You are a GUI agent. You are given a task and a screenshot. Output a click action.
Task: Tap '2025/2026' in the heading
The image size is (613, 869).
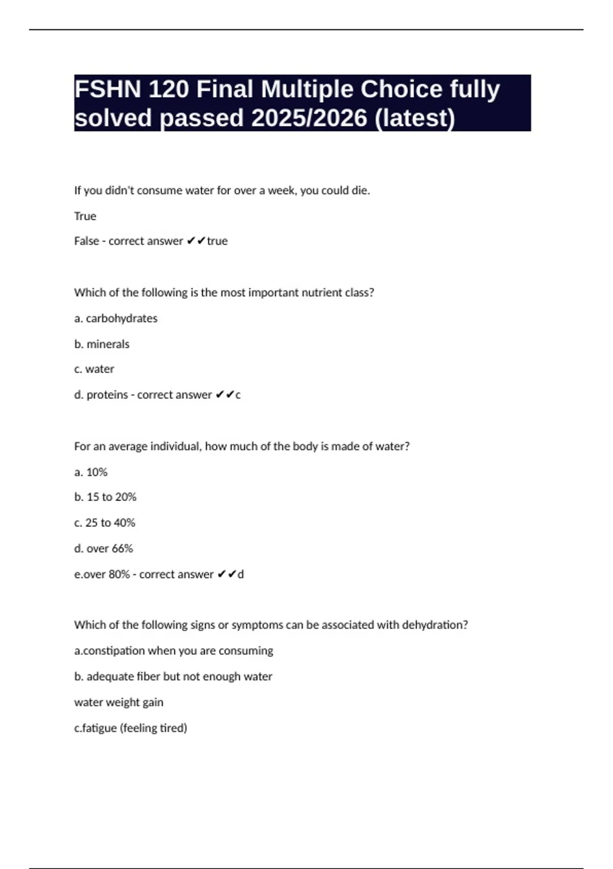point(309,118)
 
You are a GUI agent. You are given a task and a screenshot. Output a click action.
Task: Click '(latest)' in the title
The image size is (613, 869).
point(415,118)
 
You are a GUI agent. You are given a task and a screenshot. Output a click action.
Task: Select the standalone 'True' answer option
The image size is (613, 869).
point(85,216)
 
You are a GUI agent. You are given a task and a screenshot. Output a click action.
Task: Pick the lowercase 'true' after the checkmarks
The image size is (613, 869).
point(218,241)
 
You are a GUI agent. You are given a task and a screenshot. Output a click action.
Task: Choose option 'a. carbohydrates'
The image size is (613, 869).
point(116,318)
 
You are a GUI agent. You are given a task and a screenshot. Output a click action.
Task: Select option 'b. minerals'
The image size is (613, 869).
point(102,345)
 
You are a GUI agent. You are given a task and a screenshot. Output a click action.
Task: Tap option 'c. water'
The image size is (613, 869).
point(95,369)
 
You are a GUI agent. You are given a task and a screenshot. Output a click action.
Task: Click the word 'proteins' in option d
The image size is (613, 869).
point(107,395)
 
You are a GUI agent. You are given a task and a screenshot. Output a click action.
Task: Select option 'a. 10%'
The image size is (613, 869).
point(91,472)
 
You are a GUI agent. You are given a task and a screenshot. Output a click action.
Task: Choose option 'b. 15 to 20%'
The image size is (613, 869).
point(105,497)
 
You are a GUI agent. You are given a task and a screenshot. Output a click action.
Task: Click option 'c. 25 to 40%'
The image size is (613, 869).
point(105,523)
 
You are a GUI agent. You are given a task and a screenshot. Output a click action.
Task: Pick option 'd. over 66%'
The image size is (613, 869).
point(104,549)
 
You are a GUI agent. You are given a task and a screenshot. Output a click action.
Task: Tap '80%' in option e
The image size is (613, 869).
point(119,575)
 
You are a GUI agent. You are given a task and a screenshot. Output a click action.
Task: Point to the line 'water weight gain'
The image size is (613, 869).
point(119,702)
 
